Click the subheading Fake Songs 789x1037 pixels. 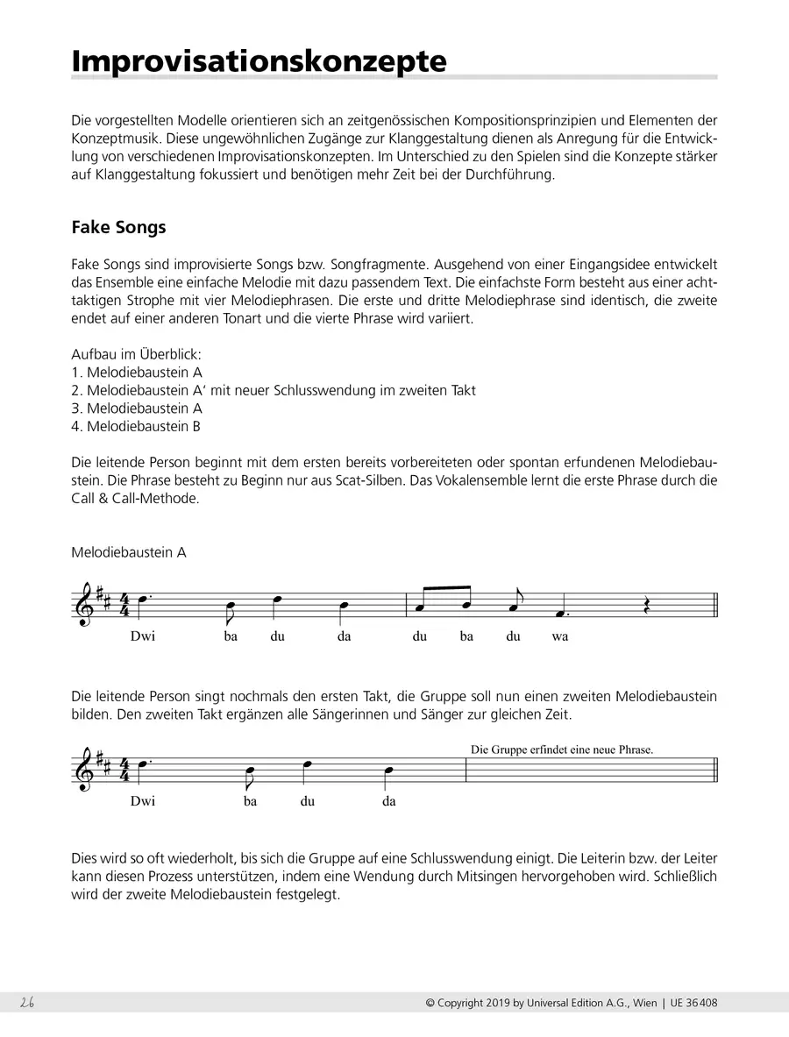pos(118,227)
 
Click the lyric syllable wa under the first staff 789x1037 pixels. pos(559,636)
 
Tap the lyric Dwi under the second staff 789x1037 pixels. pos(142,800)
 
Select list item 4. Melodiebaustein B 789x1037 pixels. pos(136,426)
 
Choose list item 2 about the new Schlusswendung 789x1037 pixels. pos(274,390)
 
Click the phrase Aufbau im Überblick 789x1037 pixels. pos(137,354)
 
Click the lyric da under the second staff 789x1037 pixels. pos(389,800)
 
